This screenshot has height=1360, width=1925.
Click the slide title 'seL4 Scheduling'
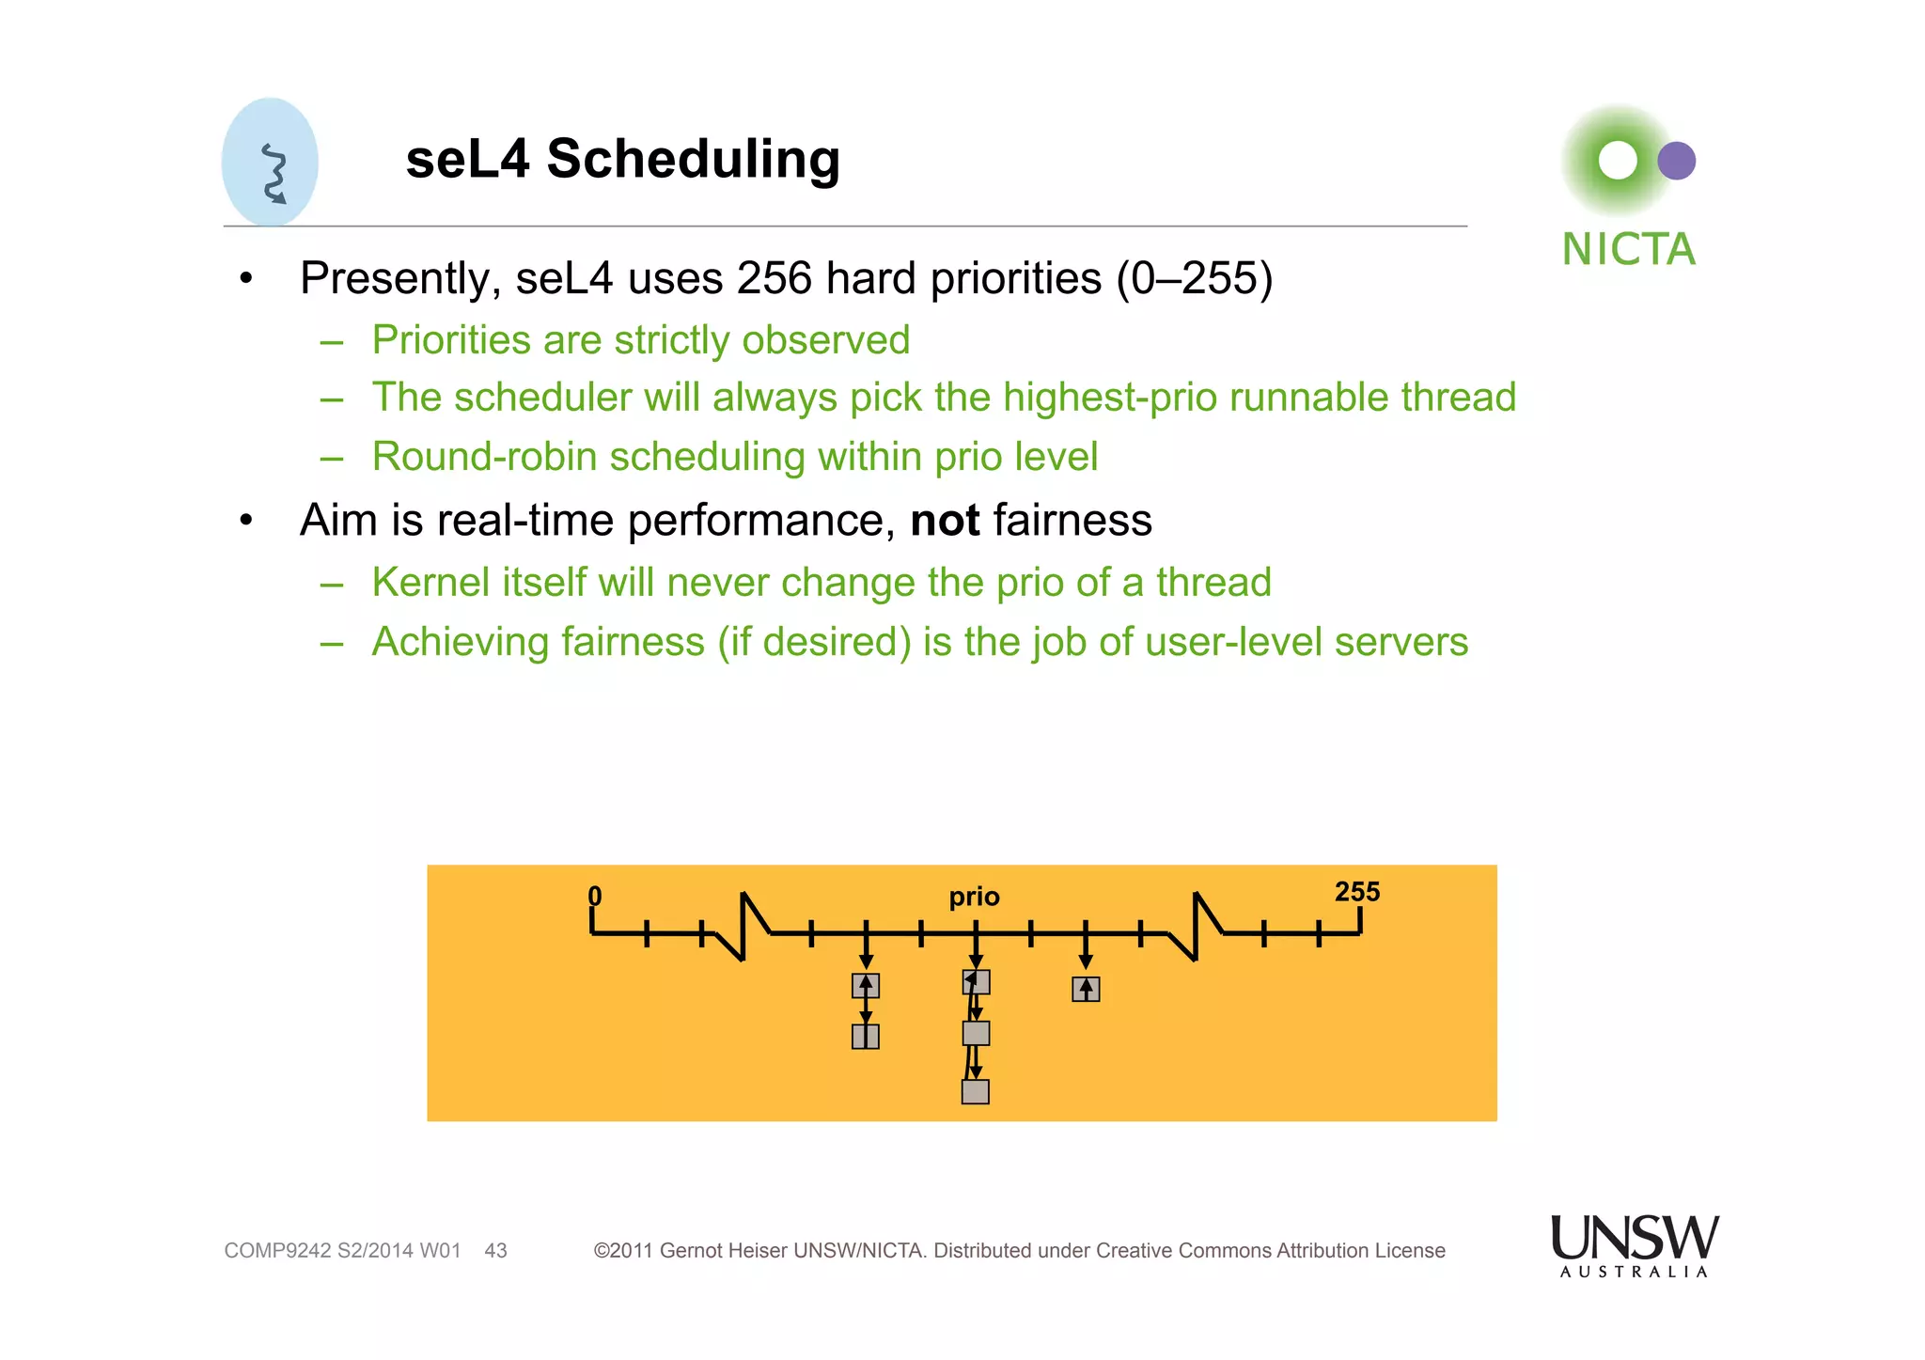pos(622,159)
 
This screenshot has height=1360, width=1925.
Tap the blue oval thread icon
pos(270,163)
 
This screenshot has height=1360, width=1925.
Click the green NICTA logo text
pos(1628,250)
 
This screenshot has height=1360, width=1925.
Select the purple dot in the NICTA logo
pos(1676,161)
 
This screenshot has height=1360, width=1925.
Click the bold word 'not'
pos(945,521)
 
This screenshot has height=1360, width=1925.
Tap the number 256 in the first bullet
pos(774,278)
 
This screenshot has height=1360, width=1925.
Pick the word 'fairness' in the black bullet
pos(1072,521)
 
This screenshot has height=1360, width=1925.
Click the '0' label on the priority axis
pos(594,896)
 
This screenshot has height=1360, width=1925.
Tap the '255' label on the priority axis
pos(1356,892)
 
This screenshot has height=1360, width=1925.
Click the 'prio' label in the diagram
pos(974,897)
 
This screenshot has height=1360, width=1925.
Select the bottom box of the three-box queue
pos(975,1092)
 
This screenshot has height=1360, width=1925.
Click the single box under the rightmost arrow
pos(1086,990)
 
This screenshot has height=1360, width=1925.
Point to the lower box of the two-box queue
pos(865,1037)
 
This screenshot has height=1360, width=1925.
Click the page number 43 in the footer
pos(495,1251)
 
